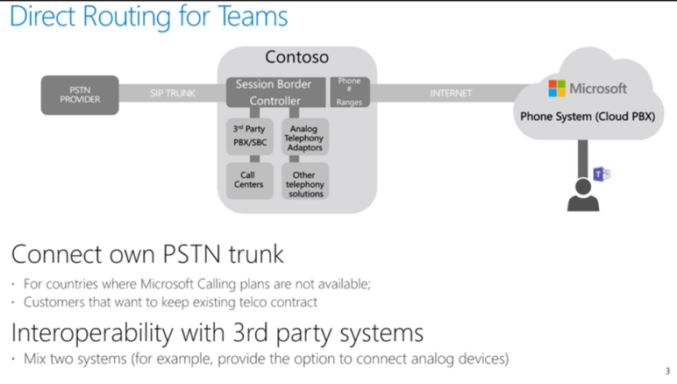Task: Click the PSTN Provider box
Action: (x=80, y=95)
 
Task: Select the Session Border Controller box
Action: (x=274, y=93)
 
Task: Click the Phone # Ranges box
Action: (x=349, y=92)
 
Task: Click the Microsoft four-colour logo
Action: (x=557, y=89)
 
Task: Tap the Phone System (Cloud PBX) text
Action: (x=587, y=116)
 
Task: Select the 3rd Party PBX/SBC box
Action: (x=249, y=136)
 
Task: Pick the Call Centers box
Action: (x=249, y=180)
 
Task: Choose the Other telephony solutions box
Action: (x=305, y=183)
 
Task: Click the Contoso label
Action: (x=296, y=58)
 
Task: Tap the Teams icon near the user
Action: (x=602, y=174)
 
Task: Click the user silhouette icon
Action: (x=582, y=195)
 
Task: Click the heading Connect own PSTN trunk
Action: (x=147, y=255)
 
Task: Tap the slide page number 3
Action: (x=667, y=372)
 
